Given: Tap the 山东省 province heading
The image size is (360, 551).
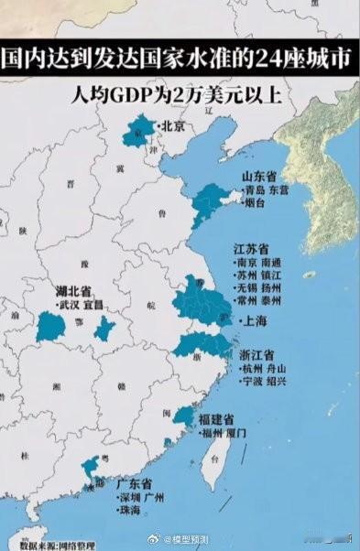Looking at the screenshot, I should [258, 176].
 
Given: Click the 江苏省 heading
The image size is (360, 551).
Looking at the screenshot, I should [250, 249].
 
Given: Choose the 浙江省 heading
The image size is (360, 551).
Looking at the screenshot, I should [258, 355].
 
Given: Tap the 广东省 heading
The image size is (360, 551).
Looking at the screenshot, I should [134, 482].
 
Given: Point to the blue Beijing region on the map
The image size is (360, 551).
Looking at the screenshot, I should [139, 132].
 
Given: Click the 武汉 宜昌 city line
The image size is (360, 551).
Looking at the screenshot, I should [82, 305].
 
